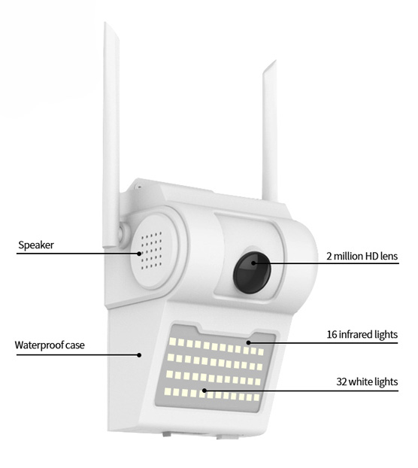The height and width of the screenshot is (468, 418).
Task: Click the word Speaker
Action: tap(36, 245)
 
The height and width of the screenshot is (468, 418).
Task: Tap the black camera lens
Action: tap(252, 272)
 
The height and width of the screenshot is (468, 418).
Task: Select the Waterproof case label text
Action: tap(50, 345)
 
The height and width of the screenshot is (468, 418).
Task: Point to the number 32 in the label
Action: tap(341, 381)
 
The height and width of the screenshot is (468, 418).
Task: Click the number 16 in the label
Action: tap(332, 335)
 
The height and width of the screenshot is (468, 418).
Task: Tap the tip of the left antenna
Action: tap(105, 23)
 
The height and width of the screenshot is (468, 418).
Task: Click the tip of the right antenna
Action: tap(275, 61)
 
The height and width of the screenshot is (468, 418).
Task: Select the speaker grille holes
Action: tap(151, 251)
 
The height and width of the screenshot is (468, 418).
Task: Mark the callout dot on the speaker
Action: tap(139, 254)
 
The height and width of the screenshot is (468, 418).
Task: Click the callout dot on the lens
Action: tap(253, 263)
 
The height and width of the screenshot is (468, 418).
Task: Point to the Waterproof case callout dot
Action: tap(139, 355)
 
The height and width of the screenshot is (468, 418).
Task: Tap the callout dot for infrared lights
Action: tap(248, 343)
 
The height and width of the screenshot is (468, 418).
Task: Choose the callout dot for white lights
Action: tap(204, 391)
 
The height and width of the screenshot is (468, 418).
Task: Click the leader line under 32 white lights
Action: tap(301, 391)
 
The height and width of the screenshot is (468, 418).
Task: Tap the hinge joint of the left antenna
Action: tap(122, 232)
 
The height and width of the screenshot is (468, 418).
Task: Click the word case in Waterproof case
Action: tap(75, 345)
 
